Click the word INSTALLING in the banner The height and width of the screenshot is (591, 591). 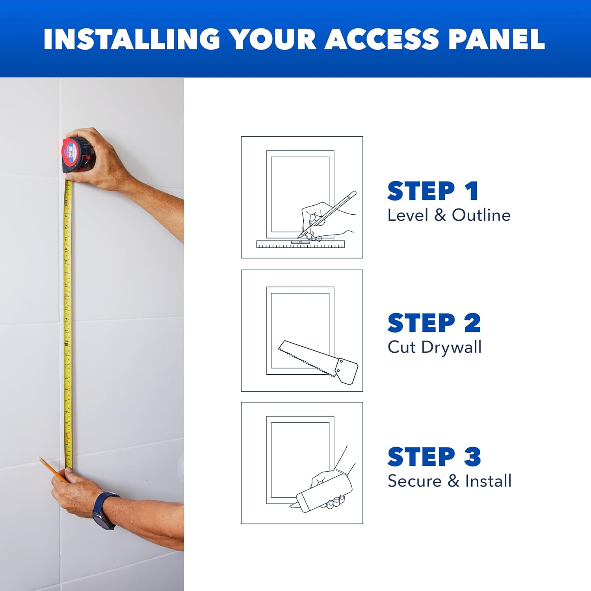pos(132,39)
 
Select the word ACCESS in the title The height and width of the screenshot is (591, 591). pos(381,39)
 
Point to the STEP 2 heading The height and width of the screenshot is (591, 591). pos(434,323)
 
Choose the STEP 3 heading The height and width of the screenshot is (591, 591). pos(434,457)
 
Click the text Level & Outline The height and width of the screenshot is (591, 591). pos(449,215)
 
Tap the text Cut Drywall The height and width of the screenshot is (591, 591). pos(435,347)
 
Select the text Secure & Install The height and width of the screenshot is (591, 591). pos(450,481)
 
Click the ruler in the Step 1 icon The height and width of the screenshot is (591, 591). pos(300,245)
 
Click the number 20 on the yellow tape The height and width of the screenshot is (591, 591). pos(67,250)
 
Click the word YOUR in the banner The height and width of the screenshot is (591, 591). pos(273,39)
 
